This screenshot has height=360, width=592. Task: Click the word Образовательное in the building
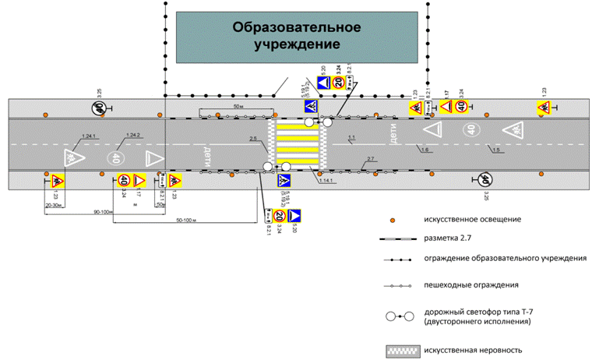pyautogui.click(x=296, y=27)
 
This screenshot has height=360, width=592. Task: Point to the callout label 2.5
pyautogui.click(x=253, y=139)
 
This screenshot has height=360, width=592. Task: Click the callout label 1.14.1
pyautogui.click(x=326, y=182)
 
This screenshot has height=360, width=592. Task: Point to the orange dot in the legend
pyautogui.click(x=396, y=220)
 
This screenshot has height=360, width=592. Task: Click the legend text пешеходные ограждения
pyautogui.click(x=460, y=284)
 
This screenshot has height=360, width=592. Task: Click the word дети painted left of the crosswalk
pyautogui.click(x=207, y=152)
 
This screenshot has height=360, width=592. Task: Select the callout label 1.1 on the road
pyautogui.click(x=351, y=138)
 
